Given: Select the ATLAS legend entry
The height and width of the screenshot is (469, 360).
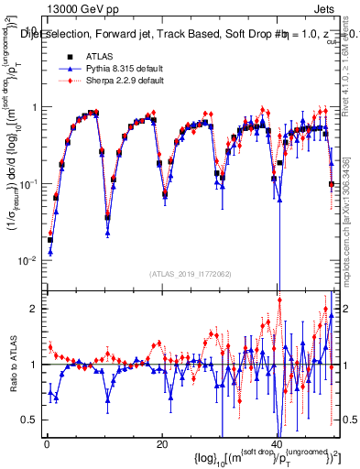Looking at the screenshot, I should (x=92, y=55).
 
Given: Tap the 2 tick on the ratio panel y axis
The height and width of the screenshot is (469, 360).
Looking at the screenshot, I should (x=33, y=309).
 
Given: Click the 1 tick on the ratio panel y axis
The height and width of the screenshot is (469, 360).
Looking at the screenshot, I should (x=33, y=365).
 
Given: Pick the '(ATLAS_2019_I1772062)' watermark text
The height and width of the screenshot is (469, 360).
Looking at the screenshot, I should (x=189, y=272).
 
